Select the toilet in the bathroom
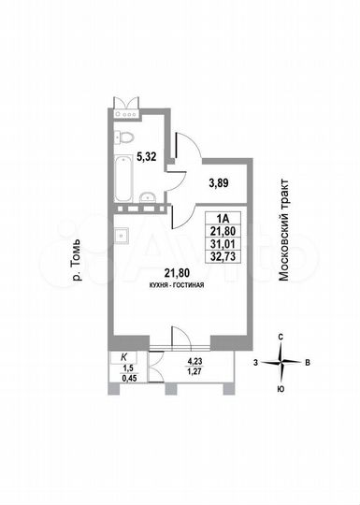(122, 138)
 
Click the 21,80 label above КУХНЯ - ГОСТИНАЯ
(177, 272)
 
